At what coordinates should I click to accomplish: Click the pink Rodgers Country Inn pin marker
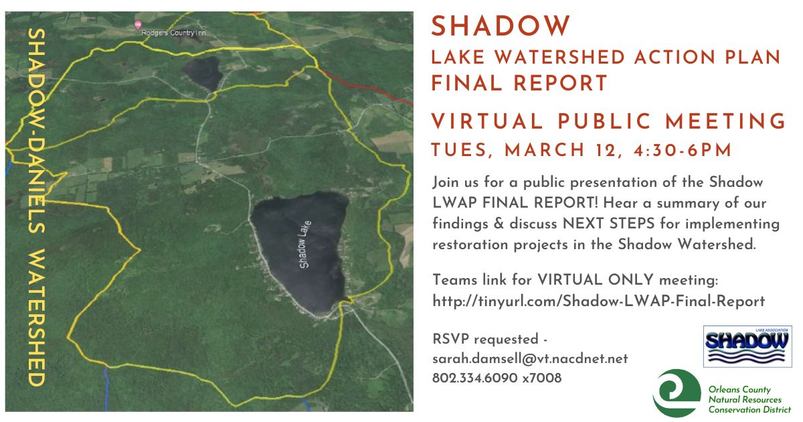coord(138,25)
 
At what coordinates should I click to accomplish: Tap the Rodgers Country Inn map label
coord(173,33)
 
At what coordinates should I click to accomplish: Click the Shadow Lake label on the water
coord(305,244)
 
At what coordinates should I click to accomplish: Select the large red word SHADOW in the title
coord(501,26)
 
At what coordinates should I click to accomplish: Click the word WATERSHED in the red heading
coord(559,58)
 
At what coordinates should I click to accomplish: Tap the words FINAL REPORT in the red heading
coord(519,83)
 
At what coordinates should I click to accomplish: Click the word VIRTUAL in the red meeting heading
coord(487,121)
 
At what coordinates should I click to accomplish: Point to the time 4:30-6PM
coord(682,150)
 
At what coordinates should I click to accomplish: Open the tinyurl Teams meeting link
coord(599,301)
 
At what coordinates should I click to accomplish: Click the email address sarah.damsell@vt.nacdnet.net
coord(530,359)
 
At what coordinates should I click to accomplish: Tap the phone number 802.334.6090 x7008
coord(497,378)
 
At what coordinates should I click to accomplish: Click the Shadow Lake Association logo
coord(747,346)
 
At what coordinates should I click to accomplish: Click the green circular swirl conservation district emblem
coord(677,393)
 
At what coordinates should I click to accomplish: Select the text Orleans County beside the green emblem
coord(739,389)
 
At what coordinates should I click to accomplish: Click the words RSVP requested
coord(485,339)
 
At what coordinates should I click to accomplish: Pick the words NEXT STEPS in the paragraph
coord(609,224)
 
